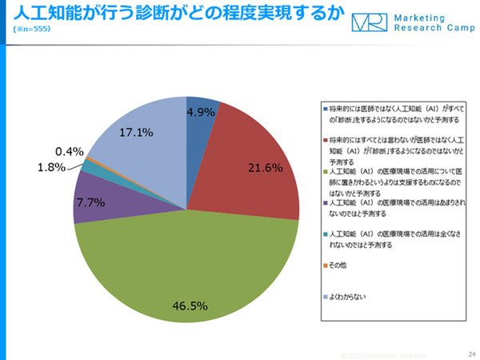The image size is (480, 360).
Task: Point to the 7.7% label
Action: pyautogui.click(x=90, y=203)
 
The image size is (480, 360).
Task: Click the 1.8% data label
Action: pyautogui.click(x=53, y=167)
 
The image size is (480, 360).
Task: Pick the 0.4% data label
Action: pyautogui.click(x=70, y=150)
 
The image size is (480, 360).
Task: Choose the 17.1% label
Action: pyautogui.click(x=136, y=133)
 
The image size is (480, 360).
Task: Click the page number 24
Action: pyautogui.click(x=470, y=352)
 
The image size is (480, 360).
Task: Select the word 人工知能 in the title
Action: pyautogui.click(x=36, y=13)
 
